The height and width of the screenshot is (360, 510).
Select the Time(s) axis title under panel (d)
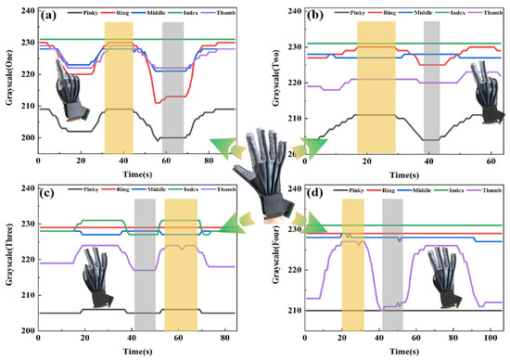[x=400, y=352]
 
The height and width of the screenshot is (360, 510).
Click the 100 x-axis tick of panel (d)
[x=495, y=340]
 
